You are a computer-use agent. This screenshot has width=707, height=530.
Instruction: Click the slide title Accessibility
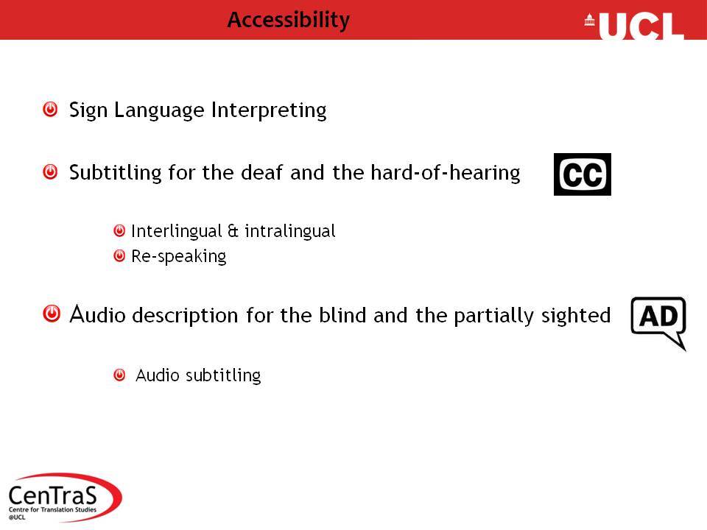(289, 21)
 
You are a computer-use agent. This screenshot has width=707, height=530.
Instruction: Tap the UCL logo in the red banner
(635, 26)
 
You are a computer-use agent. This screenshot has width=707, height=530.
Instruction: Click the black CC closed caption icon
(582, 174)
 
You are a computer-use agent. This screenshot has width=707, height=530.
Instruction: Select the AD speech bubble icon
(658, 322)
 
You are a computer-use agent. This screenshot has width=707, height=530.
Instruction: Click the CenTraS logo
(64, 497)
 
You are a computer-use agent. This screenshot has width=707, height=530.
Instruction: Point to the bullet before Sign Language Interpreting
(50, 109)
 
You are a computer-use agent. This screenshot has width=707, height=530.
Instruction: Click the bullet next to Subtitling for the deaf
(50, 172)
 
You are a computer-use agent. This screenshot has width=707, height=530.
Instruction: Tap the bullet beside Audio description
(52, 314)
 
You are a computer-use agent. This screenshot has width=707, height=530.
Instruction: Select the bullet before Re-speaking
(119, 256)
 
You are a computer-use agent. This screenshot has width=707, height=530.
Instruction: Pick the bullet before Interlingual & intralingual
(119, 230)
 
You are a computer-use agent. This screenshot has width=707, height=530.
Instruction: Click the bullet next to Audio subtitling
(119, 375)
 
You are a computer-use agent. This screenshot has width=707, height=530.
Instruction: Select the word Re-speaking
(178, 257)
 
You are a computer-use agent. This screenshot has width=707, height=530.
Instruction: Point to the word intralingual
(290, 231)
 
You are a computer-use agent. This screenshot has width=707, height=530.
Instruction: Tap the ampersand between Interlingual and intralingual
(233, 231)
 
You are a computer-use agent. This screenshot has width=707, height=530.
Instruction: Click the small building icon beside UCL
(589, 21)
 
